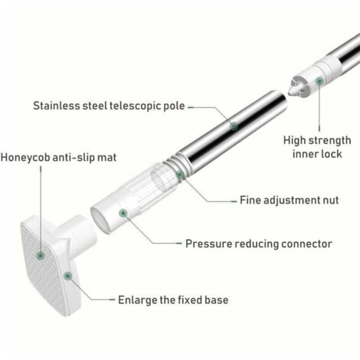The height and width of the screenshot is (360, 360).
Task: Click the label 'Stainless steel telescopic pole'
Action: pos(109,106)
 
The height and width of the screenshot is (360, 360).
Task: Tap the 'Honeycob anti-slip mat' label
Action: pos(58,157)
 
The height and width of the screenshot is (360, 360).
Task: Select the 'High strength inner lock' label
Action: pos(317,147)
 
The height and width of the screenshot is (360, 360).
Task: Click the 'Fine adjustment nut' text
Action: pos(290,200)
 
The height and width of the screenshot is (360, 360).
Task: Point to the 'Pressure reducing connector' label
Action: pos(259,244)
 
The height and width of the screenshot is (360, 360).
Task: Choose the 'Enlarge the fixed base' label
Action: pos(173,299)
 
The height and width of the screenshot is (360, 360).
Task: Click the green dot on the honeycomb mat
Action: pos(41,255)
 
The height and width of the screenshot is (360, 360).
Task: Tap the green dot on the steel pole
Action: pos(234,126)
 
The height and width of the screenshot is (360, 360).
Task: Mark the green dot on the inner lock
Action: pos(319,81)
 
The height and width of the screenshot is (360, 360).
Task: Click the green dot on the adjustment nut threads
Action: pos(180,175)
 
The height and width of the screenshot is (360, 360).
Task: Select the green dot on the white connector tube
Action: pos(123,213)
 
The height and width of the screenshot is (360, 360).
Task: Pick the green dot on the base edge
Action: pos(67,276)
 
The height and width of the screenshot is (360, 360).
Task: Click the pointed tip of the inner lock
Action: pos(290,94)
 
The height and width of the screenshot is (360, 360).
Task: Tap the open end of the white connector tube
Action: pos(101,221)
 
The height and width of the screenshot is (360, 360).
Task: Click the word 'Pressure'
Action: pos(208,244)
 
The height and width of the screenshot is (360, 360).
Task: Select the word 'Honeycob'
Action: pos(25,157)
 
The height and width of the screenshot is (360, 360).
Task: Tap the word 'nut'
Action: pos(331,200)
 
